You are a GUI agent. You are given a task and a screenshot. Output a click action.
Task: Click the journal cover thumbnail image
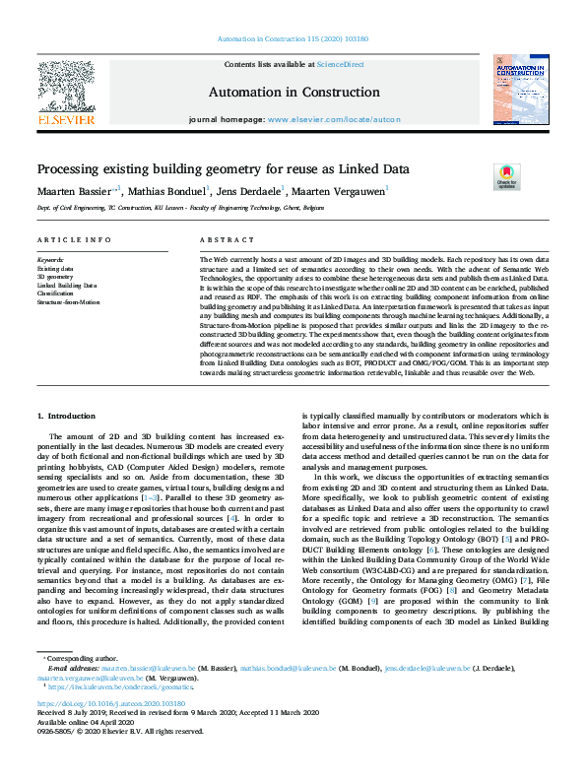click(x=520, y=90)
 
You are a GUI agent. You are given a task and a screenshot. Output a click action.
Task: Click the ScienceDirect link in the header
click(x=346, y=64)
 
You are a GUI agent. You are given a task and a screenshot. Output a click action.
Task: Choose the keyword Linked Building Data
click(x=67, y=286)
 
